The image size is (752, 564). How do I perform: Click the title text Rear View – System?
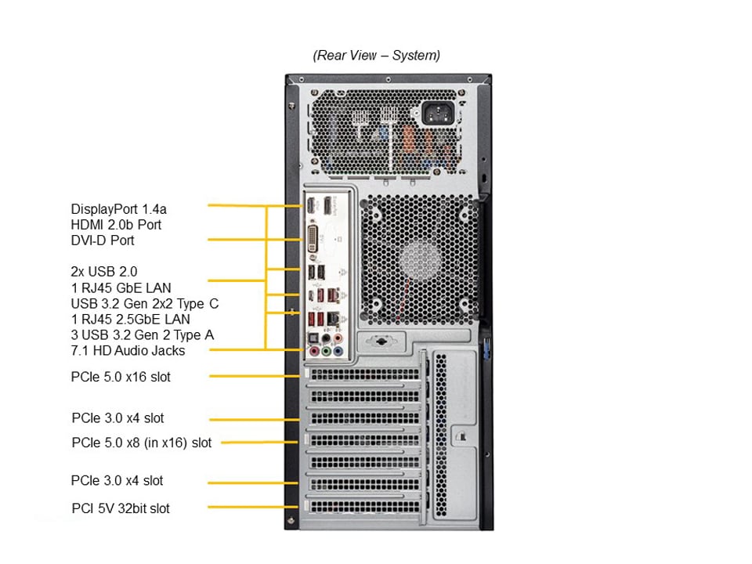point(376,56)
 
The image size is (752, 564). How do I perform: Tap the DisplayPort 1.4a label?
point(119,209)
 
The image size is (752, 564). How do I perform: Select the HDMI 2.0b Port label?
point(116,225)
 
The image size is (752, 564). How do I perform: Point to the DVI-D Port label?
point(103,240)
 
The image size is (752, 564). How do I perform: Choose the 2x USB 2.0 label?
point(104,272)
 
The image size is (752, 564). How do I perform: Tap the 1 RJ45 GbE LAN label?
point(121,287)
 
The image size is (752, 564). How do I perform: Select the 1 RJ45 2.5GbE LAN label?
point(130,319)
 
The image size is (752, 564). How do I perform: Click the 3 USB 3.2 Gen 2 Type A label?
point(143,334)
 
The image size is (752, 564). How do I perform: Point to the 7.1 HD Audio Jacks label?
point(128,350)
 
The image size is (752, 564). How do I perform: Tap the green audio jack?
point(325,352)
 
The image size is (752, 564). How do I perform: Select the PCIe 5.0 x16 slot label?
point(121,377)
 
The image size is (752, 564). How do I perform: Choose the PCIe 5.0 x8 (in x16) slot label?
point(141,443)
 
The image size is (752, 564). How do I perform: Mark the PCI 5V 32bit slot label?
point(121,508)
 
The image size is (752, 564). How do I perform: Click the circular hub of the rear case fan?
point(418,261)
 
